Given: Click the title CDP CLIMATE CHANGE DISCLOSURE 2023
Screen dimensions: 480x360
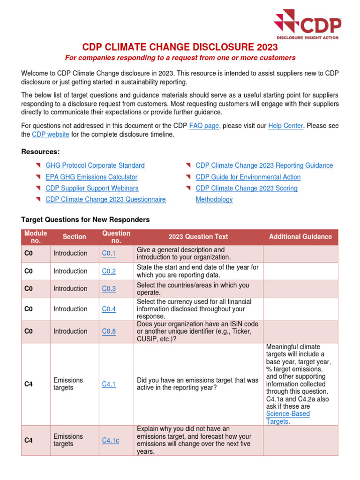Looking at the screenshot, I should tap(180, 47).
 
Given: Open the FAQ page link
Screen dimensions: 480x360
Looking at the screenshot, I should tap(204, 126).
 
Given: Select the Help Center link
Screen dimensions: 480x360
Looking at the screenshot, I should tap(285, 126).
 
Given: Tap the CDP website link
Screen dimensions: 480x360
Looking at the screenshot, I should tap(51, 134).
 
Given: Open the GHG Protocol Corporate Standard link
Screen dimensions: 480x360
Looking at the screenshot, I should tap(95, 165).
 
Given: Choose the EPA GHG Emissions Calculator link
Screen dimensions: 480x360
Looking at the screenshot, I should tap(91, 177).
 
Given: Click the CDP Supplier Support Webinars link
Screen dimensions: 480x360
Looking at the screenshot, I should tap(92, 188).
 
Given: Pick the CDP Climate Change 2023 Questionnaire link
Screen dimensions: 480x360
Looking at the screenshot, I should tap(105, 199).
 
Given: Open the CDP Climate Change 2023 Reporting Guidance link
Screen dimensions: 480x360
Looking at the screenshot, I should tap(264, 165).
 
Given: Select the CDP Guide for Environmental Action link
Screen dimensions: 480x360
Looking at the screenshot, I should tap(248, 177).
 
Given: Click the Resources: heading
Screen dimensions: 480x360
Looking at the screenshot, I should tap(40, 151).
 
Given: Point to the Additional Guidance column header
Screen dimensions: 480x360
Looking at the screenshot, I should tap(300, 237).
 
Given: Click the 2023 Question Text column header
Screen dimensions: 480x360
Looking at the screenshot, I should tap(198, 237).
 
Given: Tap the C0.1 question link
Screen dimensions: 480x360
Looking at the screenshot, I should tap(109, 253).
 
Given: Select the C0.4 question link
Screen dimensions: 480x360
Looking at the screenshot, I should tap(109, 309).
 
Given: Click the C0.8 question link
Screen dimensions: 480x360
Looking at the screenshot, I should tap(109, 331).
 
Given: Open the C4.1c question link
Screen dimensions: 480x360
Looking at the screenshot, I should tap(111, 440).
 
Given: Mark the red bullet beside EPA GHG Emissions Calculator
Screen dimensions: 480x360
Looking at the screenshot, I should tap(38, 177).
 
